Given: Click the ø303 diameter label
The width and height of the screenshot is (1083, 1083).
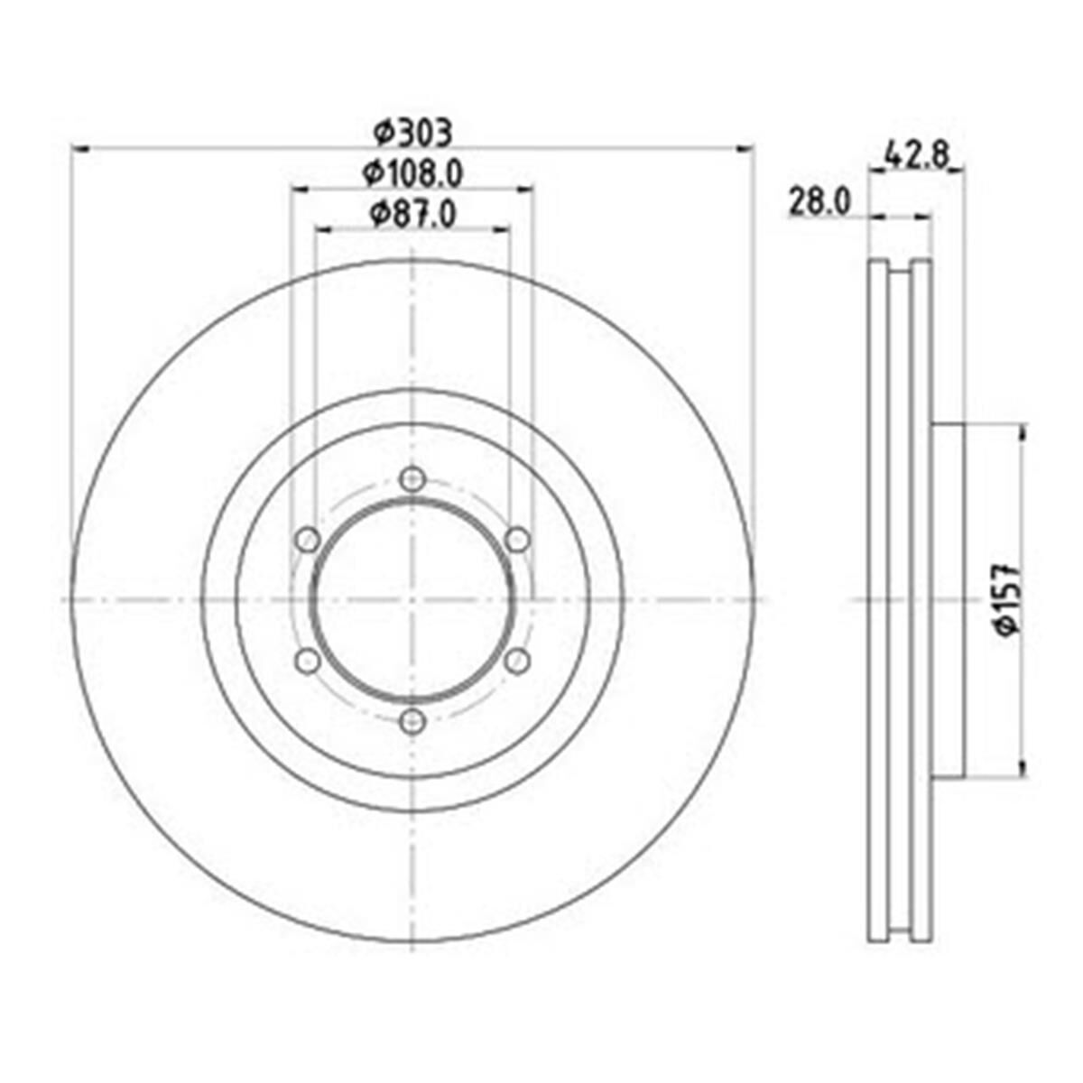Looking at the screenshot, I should click(412, 134).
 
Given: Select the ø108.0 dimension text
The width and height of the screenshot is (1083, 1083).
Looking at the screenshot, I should click(412, 172).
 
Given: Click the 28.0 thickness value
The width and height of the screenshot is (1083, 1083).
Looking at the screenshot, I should click(820, 201).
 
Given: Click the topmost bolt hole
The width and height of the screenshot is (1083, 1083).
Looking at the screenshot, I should click(412, 478).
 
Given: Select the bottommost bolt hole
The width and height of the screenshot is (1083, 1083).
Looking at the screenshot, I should click(412, 720).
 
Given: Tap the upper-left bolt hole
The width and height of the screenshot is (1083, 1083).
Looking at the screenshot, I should click(308, 540).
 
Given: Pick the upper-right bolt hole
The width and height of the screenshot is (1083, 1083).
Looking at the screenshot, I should click(517, 540).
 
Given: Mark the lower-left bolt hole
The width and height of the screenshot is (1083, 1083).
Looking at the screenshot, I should click(308, 661).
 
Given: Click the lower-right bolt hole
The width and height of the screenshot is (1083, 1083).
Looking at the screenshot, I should click(517, 661).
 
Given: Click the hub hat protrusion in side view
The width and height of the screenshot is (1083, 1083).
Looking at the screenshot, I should click(948, 600).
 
